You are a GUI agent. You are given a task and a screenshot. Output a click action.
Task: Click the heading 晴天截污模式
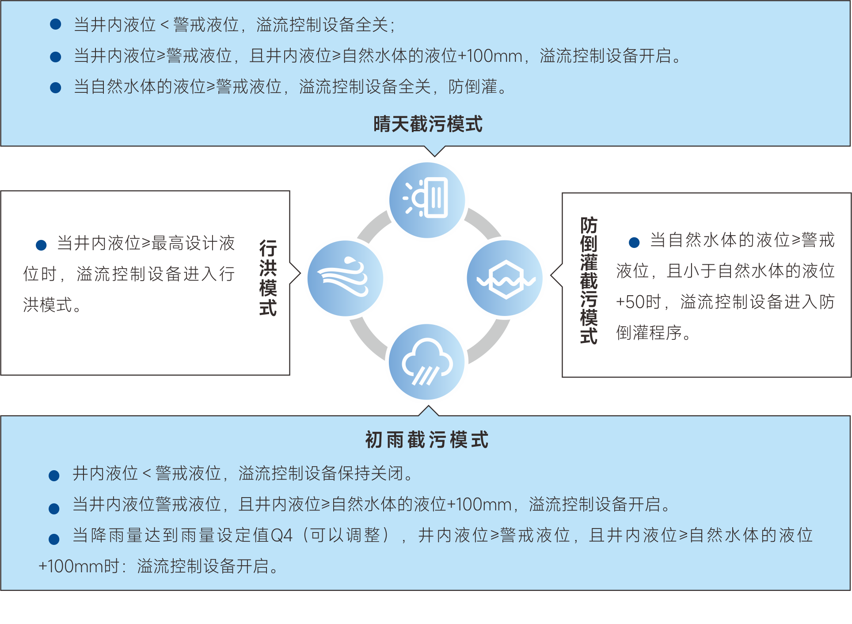[x=428, y=124]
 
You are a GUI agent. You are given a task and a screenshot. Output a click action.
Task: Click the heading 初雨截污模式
[x=427, y=440]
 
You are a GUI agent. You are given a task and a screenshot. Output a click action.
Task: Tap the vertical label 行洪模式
[x=268, y=278]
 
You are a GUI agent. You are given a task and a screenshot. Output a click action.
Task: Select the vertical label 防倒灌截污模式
[x=589, y=280]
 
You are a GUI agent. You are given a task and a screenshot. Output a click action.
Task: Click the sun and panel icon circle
[x=427, y=200]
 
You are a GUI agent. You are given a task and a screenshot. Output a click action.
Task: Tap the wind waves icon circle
[x=345, y=278]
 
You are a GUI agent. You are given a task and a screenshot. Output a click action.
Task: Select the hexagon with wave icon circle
[x=505, y=278]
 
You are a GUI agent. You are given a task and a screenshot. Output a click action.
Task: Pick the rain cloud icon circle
[x=427, y=362]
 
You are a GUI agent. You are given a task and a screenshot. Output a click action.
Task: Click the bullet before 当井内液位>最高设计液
[x=41, y=245]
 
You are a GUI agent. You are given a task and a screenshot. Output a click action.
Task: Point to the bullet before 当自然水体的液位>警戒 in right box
[x=634, y=242]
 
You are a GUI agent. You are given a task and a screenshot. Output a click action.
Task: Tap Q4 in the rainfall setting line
[x=281, y=536]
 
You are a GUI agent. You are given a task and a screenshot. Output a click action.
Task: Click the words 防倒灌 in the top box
[x=473, y=87]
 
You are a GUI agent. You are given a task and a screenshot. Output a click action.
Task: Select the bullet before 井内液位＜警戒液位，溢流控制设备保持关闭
[x=54, y=476]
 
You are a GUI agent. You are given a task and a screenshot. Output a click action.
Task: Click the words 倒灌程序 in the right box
[x=649, y=333]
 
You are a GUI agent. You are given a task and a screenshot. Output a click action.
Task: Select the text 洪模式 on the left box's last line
[x=48, y=305]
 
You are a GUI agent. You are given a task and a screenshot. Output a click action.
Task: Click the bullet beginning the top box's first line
[x=56, y=24]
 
